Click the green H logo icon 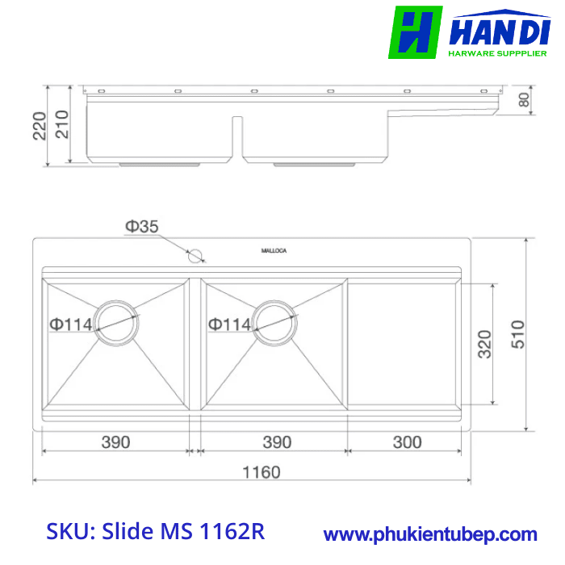point(415,32)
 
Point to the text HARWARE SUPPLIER point(497,55)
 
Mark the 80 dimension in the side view point(524,100)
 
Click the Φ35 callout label point(141,228)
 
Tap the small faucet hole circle point(195,257)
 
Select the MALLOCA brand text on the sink point(274,251)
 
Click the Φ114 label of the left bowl point(71,324)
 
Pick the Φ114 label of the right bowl point(230,324)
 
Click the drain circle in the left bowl point(118,323)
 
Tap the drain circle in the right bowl point(276,323)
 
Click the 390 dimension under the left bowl point(115,442)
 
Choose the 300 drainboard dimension point(407,442)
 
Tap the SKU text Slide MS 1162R point(155,532)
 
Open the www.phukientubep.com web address point(429,534)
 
